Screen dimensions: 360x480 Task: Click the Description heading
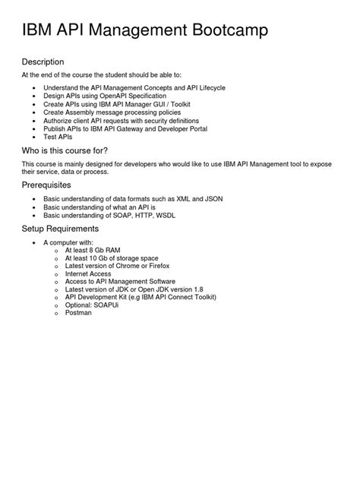(43, 62)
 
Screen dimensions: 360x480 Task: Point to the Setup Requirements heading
(60, 228)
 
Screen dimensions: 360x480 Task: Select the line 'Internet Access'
(88, 273)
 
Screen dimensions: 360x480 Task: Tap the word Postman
(78, 313)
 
